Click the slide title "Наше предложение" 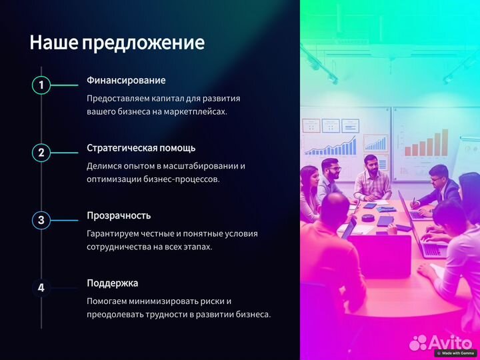(117, 43)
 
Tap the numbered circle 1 (41, 85)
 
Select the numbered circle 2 (41, 153)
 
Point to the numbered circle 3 (41, 220)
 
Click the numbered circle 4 (41, 288)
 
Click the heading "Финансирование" (126, 81)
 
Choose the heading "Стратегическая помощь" (141, 148)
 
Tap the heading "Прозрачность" (119, 215)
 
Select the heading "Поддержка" (112, 283)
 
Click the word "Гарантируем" (114, 233)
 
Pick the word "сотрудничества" (121, 247)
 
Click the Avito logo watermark (441, 342)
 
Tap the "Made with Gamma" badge (456, 353)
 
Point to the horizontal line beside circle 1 (65, 85)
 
